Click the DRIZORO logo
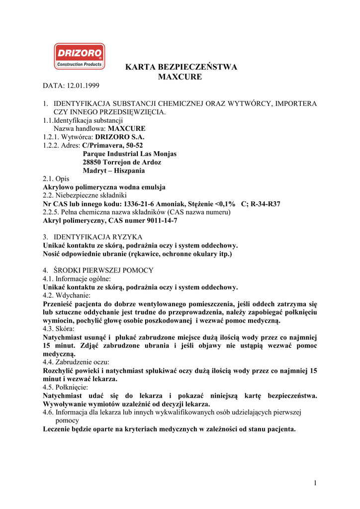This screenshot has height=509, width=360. click(x=79, y=56)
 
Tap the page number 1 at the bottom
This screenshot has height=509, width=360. click(x=315, y=483)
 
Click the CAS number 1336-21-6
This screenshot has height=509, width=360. click(x=141, y=203)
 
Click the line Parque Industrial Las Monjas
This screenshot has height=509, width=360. click(x=130, y=154)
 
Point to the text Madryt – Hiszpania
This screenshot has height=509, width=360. click(x=114, y=170)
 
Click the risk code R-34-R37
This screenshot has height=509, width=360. click(x=266, y=203)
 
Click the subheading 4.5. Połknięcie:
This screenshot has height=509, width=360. click(x=65, y=387)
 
